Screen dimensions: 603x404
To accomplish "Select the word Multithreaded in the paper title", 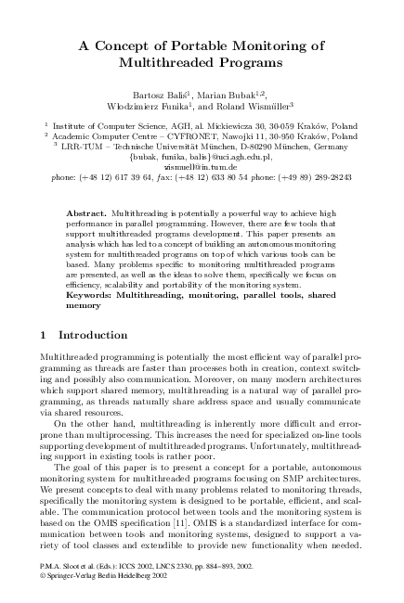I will [168, 62].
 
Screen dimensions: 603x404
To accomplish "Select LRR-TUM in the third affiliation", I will [81, 146].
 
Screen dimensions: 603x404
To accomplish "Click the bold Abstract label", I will [85, 212].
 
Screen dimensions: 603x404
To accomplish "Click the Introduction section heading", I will [92, 334].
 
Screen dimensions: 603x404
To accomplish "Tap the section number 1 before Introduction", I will [46, 334].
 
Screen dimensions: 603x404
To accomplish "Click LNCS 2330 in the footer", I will [172, 563].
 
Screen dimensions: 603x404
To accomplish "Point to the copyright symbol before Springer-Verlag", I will [46, 573].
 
